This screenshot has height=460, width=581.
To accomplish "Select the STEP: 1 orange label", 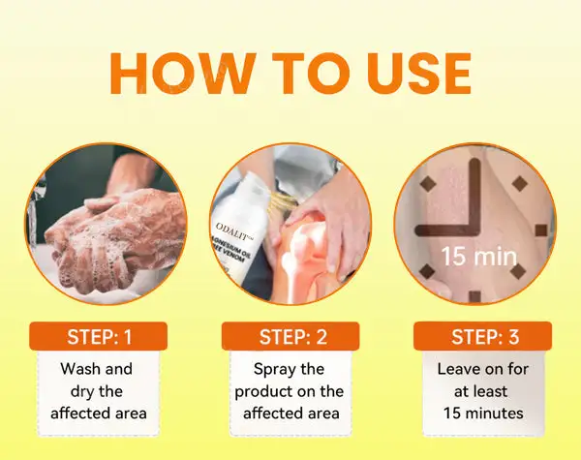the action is pyautogui.click(x=98, y=336).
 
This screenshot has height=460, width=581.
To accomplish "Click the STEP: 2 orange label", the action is pyautogui.click(x=290, y=336).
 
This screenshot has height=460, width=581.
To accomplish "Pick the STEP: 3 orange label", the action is pyautogui.click(x=482, y=336).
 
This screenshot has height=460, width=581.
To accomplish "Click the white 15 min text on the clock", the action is pyautogui.click(x=478, y=256).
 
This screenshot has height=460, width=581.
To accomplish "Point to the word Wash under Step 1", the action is pyautogui.click(x=79, y=369).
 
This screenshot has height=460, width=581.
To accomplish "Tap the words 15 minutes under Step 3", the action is pyautogui.click(x=483, y=414).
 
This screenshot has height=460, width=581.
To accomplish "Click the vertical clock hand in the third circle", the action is pyautogui.click(x=475, y=197).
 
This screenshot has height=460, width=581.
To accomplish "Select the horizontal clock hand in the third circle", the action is pyautogui.click(x=447, y=230).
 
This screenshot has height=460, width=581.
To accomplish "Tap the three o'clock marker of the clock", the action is pyautogui.click(x=541, y=230).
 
